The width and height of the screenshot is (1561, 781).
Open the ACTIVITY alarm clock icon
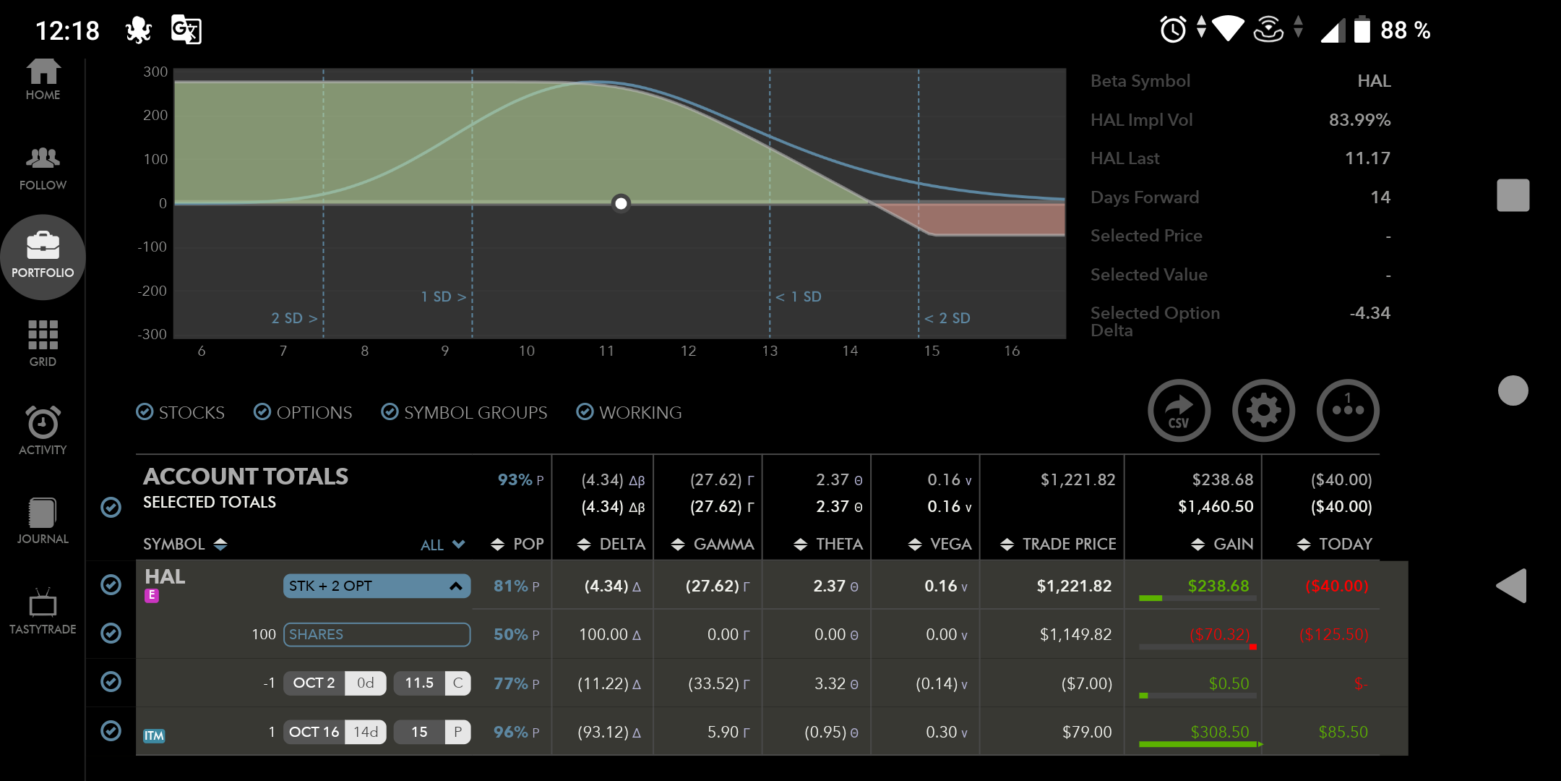[43, 422]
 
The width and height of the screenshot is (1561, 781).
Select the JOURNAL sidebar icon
[43, 513]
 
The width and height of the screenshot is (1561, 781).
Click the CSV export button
[1179, 411]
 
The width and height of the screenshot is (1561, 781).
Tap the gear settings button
[1263, 411]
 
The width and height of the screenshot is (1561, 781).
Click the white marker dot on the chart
[621, 203]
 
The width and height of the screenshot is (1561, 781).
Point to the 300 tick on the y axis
[155, 72]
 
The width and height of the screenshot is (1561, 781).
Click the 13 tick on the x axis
[770, 351]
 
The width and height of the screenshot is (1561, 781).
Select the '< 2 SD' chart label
[947, 318]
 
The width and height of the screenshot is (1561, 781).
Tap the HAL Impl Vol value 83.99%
[1359, 120]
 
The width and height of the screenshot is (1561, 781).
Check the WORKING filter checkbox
[585, 412]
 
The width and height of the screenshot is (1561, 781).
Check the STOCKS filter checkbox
[145, 412]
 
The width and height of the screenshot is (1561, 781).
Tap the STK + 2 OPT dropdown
[377, 586]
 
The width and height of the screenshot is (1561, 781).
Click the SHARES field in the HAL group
[377, 634]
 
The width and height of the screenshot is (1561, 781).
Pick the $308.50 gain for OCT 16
[1219, 732]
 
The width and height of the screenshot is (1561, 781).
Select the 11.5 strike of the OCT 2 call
[419, 683]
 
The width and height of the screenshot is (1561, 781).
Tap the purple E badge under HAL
[152, 595]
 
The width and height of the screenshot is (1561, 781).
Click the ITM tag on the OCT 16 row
[154, 735]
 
